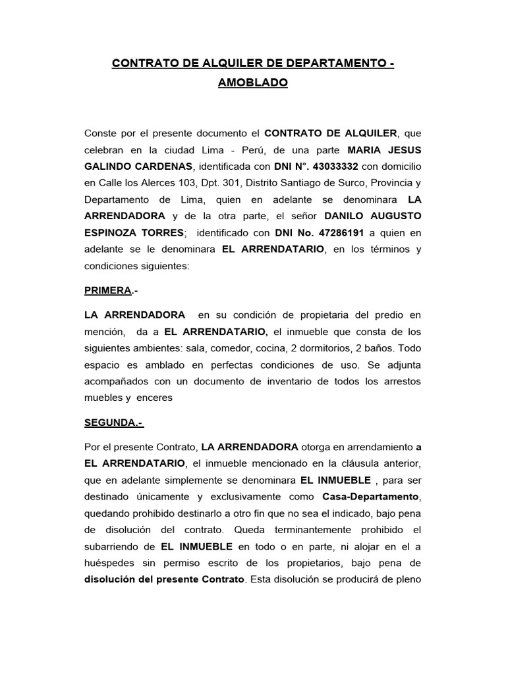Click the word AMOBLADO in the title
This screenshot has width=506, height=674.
click(x=252, y=84)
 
